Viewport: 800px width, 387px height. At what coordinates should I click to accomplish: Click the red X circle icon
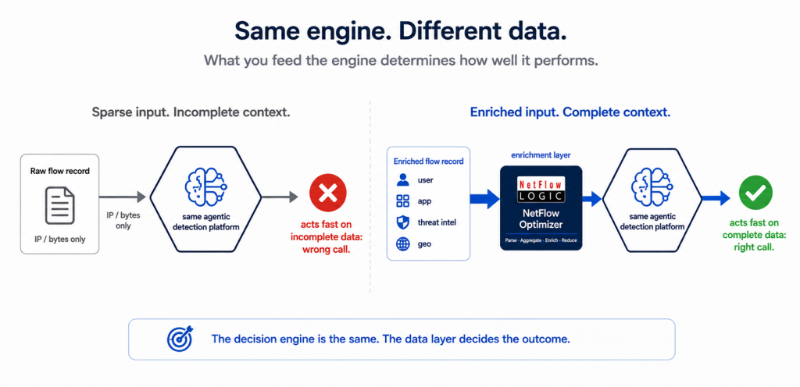[x=327, y=193]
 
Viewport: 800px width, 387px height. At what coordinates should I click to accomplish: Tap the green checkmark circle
[x=755, y=193]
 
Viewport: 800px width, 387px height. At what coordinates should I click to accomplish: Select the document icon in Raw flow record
[x=59, y=205]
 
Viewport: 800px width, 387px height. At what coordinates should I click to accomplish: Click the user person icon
[x=402, y=180]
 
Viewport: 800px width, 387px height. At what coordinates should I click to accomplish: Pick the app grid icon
[x=402, y=201]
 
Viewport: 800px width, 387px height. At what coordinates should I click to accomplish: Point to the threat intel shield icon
[x=402, y=222]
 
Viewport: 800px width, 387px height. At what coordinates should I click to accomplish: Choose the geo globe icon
[x=402, y=244]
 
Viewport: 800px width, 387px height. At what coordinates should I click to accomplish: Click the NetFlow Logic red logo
[x=541, y=190]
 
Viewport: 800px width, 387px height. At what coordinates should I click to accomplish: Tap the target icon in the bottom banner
[x=180, y=339]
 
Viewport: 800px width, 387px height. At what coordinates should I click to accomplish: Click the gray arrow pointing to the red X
[x=280, y=197]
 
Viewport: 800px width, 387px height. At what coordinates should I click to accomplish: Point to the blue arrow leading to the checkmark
[x=716, y=198]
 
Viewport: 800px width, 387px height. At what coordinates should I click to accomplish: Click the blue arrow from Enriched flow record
[x=484, y=199]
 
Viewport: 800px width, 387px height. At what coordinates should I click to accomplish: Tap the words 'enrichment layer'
[x=541, y=154]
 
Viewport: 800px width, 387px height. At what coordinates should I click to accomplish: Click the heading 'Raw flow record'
[x=59, y=171]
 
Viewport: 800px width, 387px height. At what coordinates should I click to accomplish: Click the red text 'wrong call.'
[x=327, y=250]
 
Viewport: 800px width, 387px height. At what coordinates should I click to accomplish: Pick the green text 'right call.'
[x=755, y=247]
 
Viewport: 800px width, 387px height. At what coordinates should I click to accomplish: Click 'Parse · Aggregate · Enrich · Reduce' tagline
[x=541, y=240]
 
